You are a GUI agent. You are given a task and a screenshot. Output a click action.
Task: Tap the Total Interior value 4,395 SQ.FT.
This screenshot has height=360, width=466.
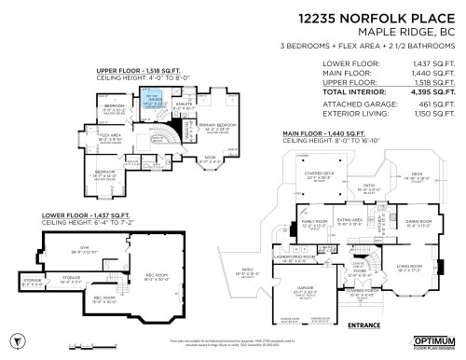(432, 93)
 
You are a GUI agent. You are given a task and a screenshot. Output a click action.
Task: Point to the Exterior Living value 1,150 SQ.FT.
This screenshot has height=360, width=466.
(432, 114)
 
